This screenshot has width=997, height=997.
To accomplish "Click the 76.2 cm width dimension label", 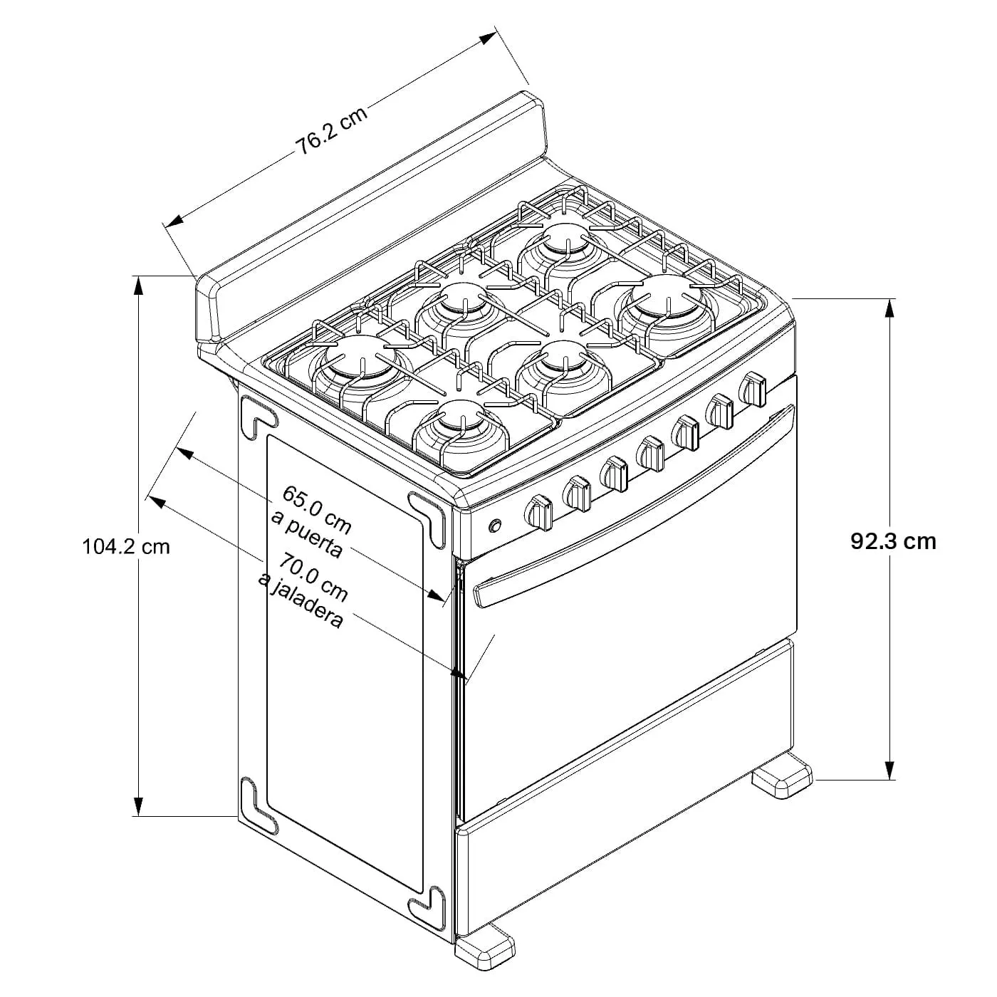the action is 332,130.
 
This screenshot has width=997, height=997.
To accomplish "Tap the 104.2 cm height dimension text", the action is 126,547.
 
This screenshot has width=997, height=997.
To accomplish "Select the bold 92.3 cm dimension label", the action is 893,541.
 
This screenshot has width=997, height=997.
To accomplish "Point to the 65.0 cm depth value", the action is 317,509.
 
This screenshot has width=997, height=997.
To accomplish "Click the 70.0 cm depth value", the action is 313,576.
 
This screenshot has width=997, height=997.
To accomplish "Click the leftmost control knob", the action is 538,512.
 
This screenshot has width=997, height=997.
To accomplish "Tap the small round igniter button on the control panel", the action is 495,526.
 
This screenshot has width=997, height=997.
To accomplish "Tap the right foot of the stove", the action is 782,783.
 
